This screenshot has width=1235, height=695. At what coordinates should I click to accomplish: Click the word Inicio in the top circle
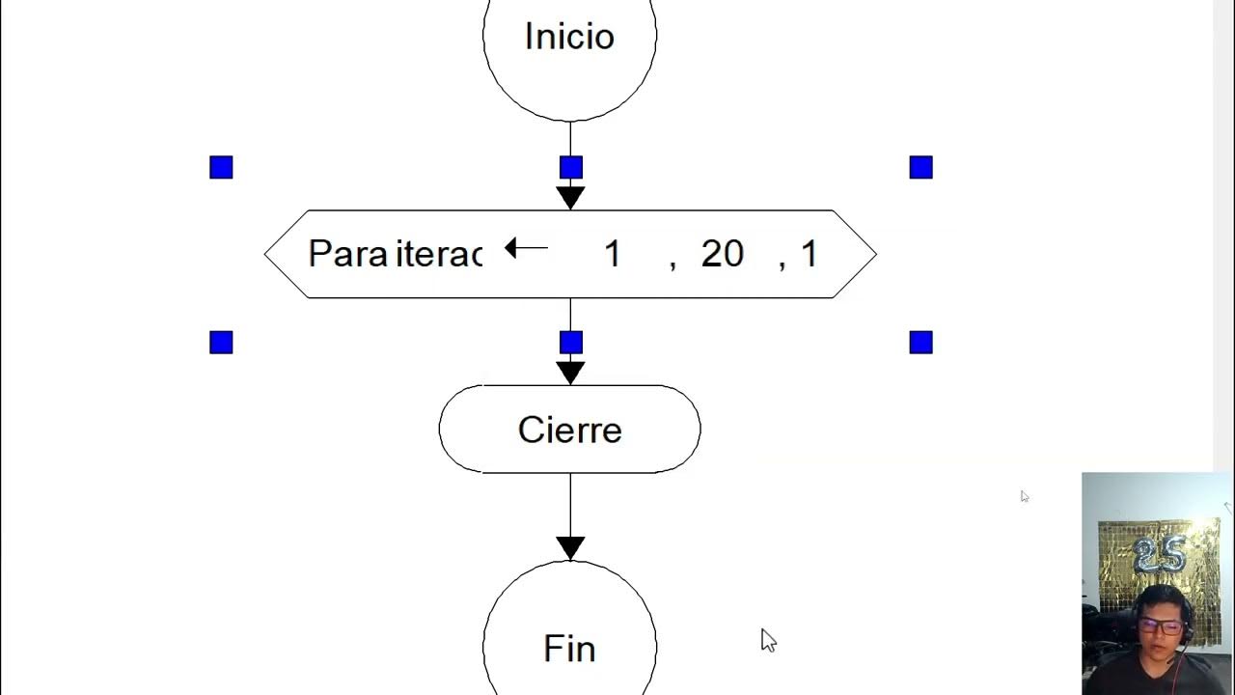[x=569, y=37]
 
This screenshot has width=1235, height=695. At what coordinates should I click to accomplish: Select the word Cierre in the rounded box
[x=569, y=430]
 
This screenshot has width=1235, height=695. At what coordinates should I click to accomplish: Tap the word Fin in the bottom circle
[x=569, y=648]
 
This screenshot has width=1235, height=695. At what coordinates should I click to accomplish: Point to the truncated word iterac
[x=439, y=254]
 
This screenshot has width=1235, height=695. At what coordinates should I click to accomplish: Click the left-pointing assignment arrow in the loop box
[x=526, y=249]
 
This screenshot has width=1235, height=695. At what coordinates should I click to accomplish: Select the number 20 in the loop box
[x=722, y=254]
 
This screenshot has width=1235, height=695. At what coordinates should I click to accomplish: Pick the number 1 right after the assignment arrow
[x=612, y=254]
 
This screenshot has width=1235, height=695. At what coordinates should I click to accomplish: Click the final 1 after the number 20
[x=809, y=254]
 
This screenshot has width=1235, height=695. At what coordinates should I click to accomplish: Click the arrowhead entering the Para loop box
[x=570, y=198]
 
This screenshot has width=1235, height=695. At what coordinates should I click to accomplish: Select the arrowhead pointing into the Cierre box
[x=570, y=373]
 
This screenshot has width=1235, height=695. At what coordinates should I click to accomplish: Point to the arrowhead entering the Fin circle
[x=570, y=548]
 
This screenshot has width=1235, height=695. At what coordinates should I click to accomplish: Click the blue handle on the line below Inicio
[x=571, y=168]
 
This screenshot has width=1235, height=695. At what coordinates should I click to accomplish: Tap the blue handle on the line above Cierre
[x=571, y=343]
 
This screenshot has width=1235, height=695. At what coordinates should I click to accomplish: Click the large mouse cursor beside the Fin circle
[x=768, y=640]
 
